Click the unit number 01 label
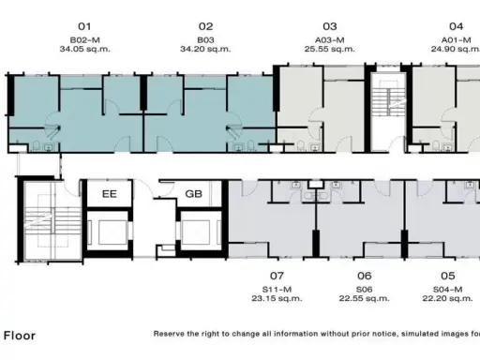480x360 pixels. (x=84, y=26)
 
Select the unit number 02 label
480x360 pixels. (x=205, y=26)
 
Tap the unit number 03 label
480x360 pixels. (x=330, y=26)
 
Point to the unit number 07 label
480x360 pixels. (x=277, y=276)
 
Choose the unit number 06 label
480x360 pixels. (x=365, y=276)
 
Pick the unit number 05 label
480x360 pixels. (x=447, y=276)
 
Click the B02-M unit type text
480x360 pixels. (x=84, y=40)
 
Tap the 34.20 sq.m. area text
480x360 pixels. (x=205, y=49)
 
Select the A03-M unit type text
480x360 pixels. (x=330, y=40)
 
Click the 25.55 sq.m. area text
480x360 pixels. (x=330, y=49)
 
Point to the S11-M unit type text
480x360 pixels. (x=277, y=290)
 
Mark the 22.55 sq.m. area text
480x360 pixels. (x=365, y=298)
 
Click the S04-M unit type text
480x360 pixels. (x=447, y=290)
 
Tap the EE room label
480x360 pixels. (x=110, y=194)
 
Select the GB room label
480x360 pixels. (x=194, y=194)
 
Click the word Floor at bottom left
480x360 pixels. (x=20, y=336)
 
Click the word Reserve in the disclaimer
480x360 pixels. (x=169, y=334)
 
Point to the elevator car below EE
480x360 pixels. (x=108, y=232)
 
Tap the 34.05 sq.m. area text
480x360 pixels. (x=84, y=49)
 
